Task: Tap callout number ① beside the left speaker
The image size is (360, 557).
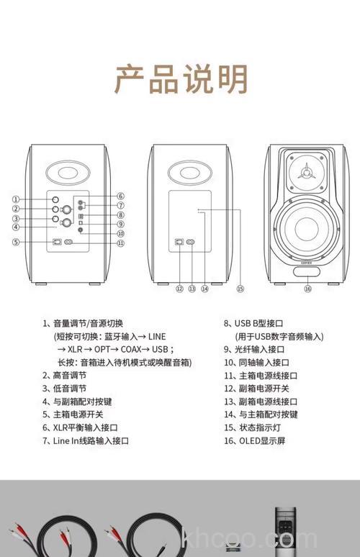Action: click(x=15, y=199)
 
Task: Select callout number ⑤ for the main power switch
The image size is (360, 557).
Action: click(x=15, y=243)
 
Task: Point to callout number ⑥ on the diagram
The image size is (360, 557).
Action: click(x=121, y=196)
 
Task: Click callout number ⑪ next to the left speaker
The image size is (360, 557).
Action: click(x=121, y=243)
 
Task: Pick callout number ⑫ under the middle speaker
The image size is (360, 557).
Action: click(x=179, y=289)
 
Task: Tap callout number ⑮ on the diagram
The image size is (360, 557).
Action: click(x=240, y=289)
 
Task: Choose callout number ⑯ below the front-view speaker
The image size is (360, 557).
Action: click(x=307, y=289)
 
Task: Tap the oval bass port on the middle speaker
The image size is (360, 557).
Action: click(x=190, y=173)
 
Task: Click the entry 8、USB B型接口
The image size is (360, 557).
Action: click(x=255, y=324)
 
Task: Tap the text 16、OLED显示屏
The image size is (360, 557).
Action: click(x=255, y=440)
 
